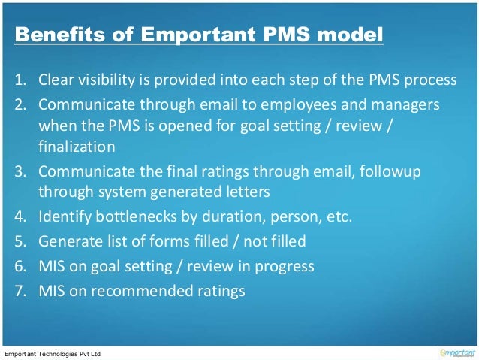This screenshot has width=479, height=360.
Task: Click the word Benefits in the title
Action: tap(55, 35)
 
